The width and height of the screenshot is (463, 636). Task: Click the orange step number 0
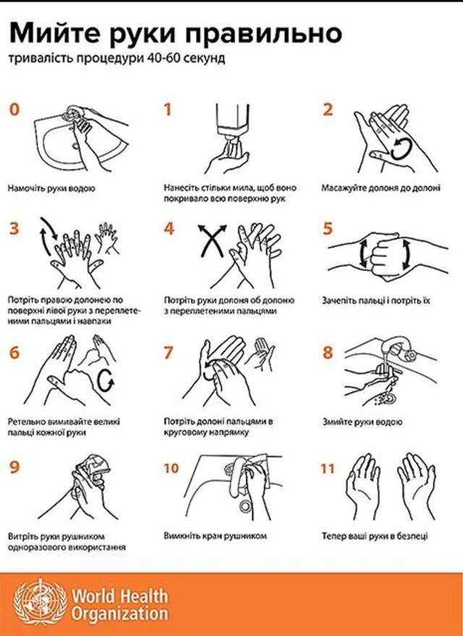[14, 109]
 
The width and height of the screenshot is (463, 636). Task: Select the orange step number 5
[328, 229]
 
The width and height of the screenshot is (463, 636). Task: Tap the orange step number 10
[171, 468]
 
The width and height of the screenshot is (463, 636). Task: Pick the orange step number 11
[327, 468]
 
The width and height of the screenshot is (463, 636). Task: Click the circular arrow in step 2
[401, 149]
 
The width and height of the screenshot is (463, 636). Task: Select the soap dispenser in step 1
[232, 120]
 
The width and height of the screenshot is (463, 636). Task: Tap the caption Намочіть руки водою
[51, 188]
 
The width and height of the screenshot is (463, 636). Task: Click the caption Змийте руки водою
[362, 422]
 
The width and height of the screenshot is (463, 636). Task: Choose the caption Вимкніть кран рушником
[216, 536]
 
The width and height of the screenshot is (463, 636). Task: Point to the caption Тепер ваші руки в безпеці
[375, 536]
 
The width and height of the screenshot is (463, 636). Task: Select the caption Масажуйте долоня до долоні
[381, 188]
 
